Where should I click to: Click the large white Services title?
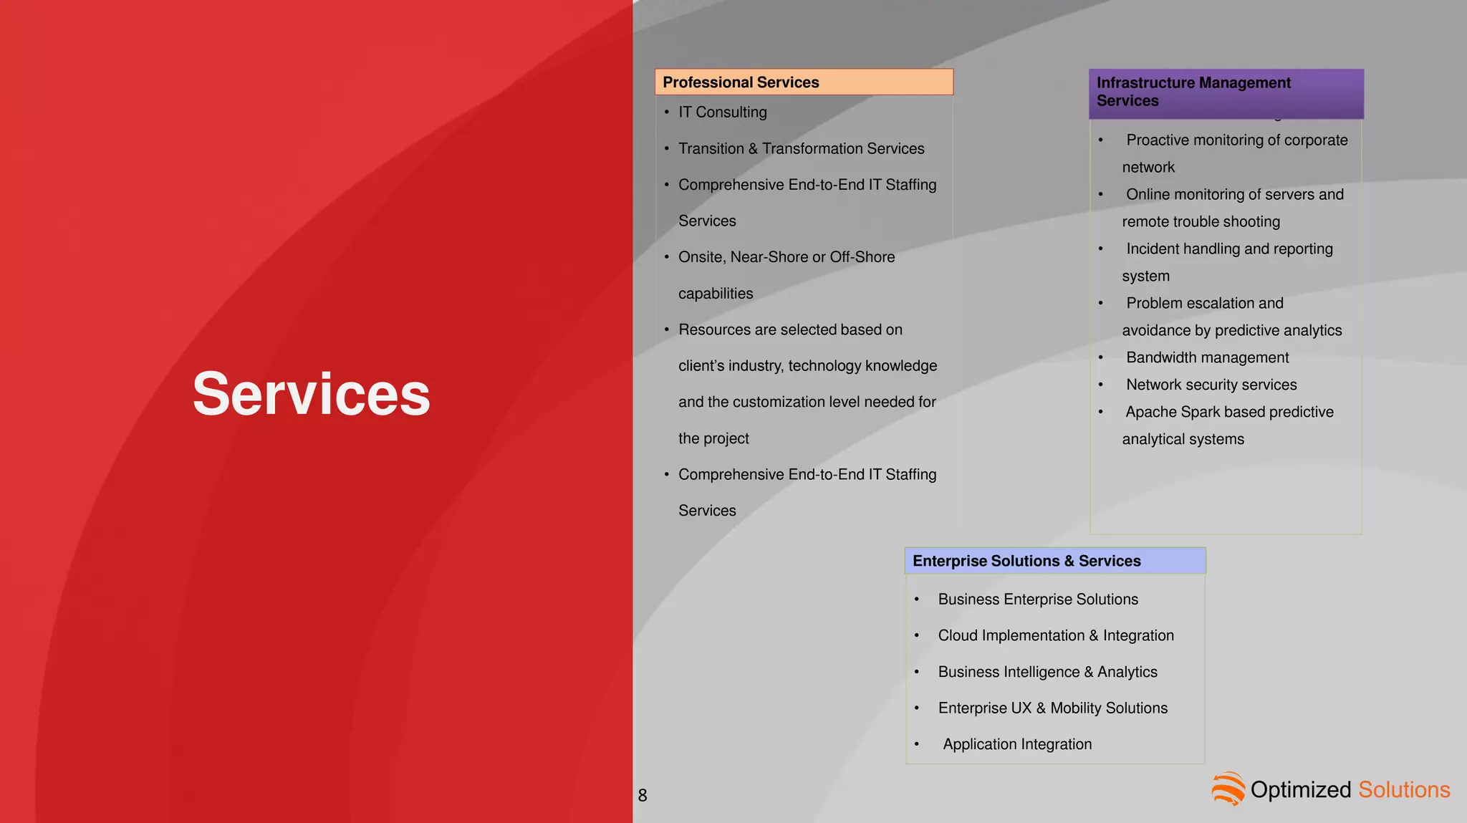tap(311, 394)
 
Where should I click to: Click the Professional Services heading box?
tap(804, 82)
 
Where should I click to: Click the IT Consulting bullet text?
tap(722, 112)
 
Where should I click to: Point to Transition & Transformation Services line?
tap(801, 148)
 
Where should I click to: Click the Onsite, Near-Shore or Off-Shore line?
tap(786, 257)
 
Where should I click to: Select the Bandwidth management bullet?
tap(1207, 357)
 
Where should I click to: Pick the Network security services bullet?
tap(1211, 385)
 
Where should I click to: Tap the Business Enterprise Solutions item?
tap(1037, 600)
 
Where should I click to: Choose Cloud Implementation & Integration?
tap(1055, 635)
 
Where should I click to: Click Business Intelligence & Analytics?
tap(1047, 672)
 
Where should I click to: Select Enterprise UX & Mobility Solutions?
tap(1052, 708)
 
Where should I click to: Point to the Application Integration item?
tap(1016, 744)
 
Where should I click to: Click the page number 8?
tap(643, 795)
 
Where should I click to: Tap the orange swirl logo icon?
tap(1228, 789)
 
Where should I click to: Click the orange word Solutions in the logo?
tap(1403, 789)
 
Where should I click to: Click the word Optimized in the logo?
tap(1300, 789)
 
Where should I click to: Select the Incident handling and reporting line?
tap(1228, 249)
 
